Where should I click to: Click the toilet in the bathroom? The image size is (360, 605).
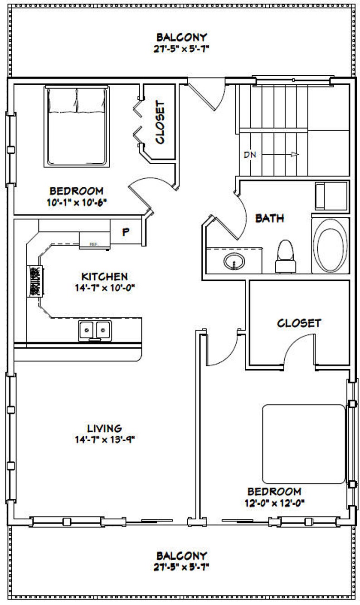285,257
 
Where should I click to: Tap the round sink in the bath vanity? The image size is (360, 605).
234,261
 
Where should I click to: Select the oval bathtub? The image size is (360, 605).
331,245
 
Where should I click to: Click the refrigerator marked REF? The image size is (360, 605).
94,239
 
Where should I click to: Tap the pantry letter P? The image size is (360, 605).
126,232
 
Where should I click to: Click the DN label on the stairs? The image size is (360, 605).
249,155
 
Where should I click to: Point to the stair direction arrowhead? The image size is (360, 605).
295,155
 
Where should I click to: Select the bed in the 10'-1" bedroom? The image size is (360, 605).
77,126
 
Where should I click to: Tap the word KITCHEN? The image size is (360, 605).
104,276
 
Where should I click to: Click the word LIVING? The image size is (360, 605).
105,428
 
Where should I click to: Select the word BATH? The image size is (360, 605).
269,218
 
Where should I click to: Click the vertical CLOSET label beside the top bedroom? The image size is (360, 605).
160,122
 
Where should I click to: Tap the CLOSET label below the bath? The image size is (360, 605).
299,323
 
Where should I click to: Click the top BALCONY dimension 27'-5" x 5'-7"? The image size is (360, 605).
181,49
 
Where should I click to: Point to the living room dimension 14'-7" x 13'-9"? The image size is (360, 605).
105,439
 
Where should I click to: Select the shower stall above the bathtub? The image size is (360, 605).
331,195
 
